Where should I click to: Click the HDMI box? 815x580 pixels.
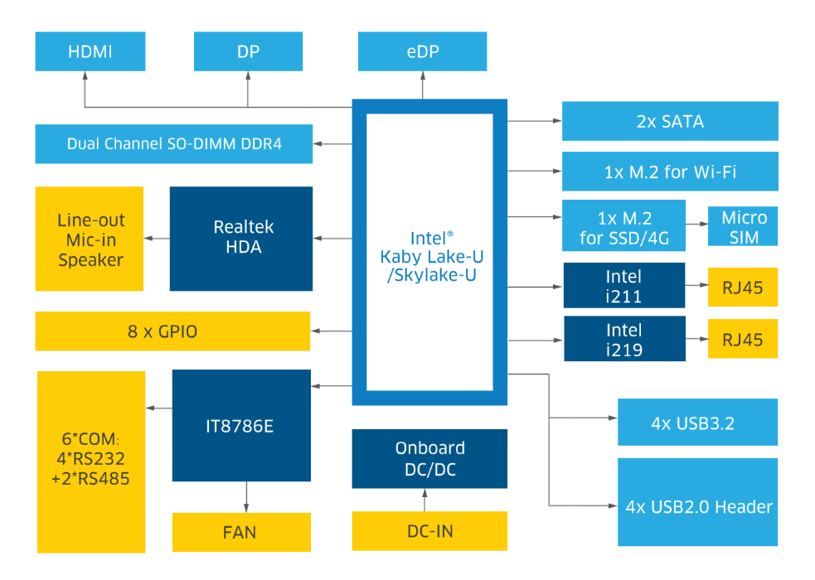tap(90, 51)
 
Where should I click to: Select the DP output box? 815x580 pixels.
tap(248, 51)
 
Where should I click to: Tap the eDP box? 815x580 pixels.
tap(422, 51)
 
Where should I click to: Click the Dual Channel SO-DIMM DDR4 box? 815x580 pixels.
tap(174, 144)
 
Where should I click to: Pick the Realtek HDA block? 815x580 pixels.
tap(241, 238)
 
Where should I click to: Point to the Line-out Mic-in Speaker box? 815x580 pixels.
tap(90, 239)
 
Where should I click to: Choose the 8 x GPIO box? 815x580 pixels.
tap(172, 331)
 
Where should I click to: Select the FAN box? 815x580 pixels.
tap(241, 532)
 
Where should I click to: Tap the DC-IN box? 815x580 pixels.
tap(429, 531)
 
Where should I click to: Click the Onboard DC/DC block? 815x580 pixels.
tap(429, 458)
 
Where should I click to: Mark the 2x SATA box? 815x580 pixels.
tap(670, 121)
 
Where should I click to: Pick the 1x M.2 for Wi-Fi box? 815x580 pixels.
tap(670, 172)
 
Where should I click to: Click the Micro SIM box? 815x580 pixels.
tap(744, 227)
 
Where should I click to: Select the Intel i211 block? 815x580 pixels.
tap(624, 286)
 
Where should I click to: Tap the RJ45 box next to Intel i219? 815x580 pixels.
tap(743, 339)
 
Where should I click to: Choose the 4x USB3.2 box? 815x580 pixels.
tap(697, 423)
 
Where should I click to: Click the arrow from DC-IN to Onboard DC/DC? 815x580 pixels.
tap(425, 500)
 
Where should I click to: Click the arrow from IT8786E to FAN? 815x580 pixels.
tap(246, 499)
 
